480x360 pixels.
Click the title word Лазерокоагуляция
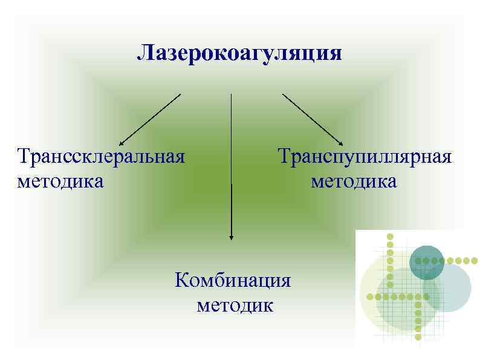pyautogui.click(x=239, y=53)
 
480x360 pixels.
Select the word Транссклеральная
pyautogui.click(x=101, y=157)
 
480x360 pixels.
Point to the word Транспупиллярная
pyautogui.click(x=365, y=157)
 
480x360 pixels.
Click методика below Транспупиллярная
pyautogui.click(x=354, y=181)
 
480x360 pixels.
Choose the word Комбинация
pyautogui.click(x=233, y=281)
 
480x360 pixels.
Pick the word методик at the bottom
pyautogui.click(x=235, y=304)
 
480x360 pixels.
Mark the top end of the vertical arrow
pyautogui.click(x=231, y=94)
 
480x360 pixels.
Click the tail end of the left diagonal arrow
pyautogui.click(x=180, y=94)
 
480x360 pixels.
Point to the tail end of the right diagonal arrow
pyautogui.click(x=283, y=94)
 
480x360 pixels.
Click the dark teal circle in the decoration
pyautogui.click(x=427, y=263)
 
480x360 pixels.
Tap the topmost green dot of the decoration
pyautogui.click(x=390, y=236)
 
